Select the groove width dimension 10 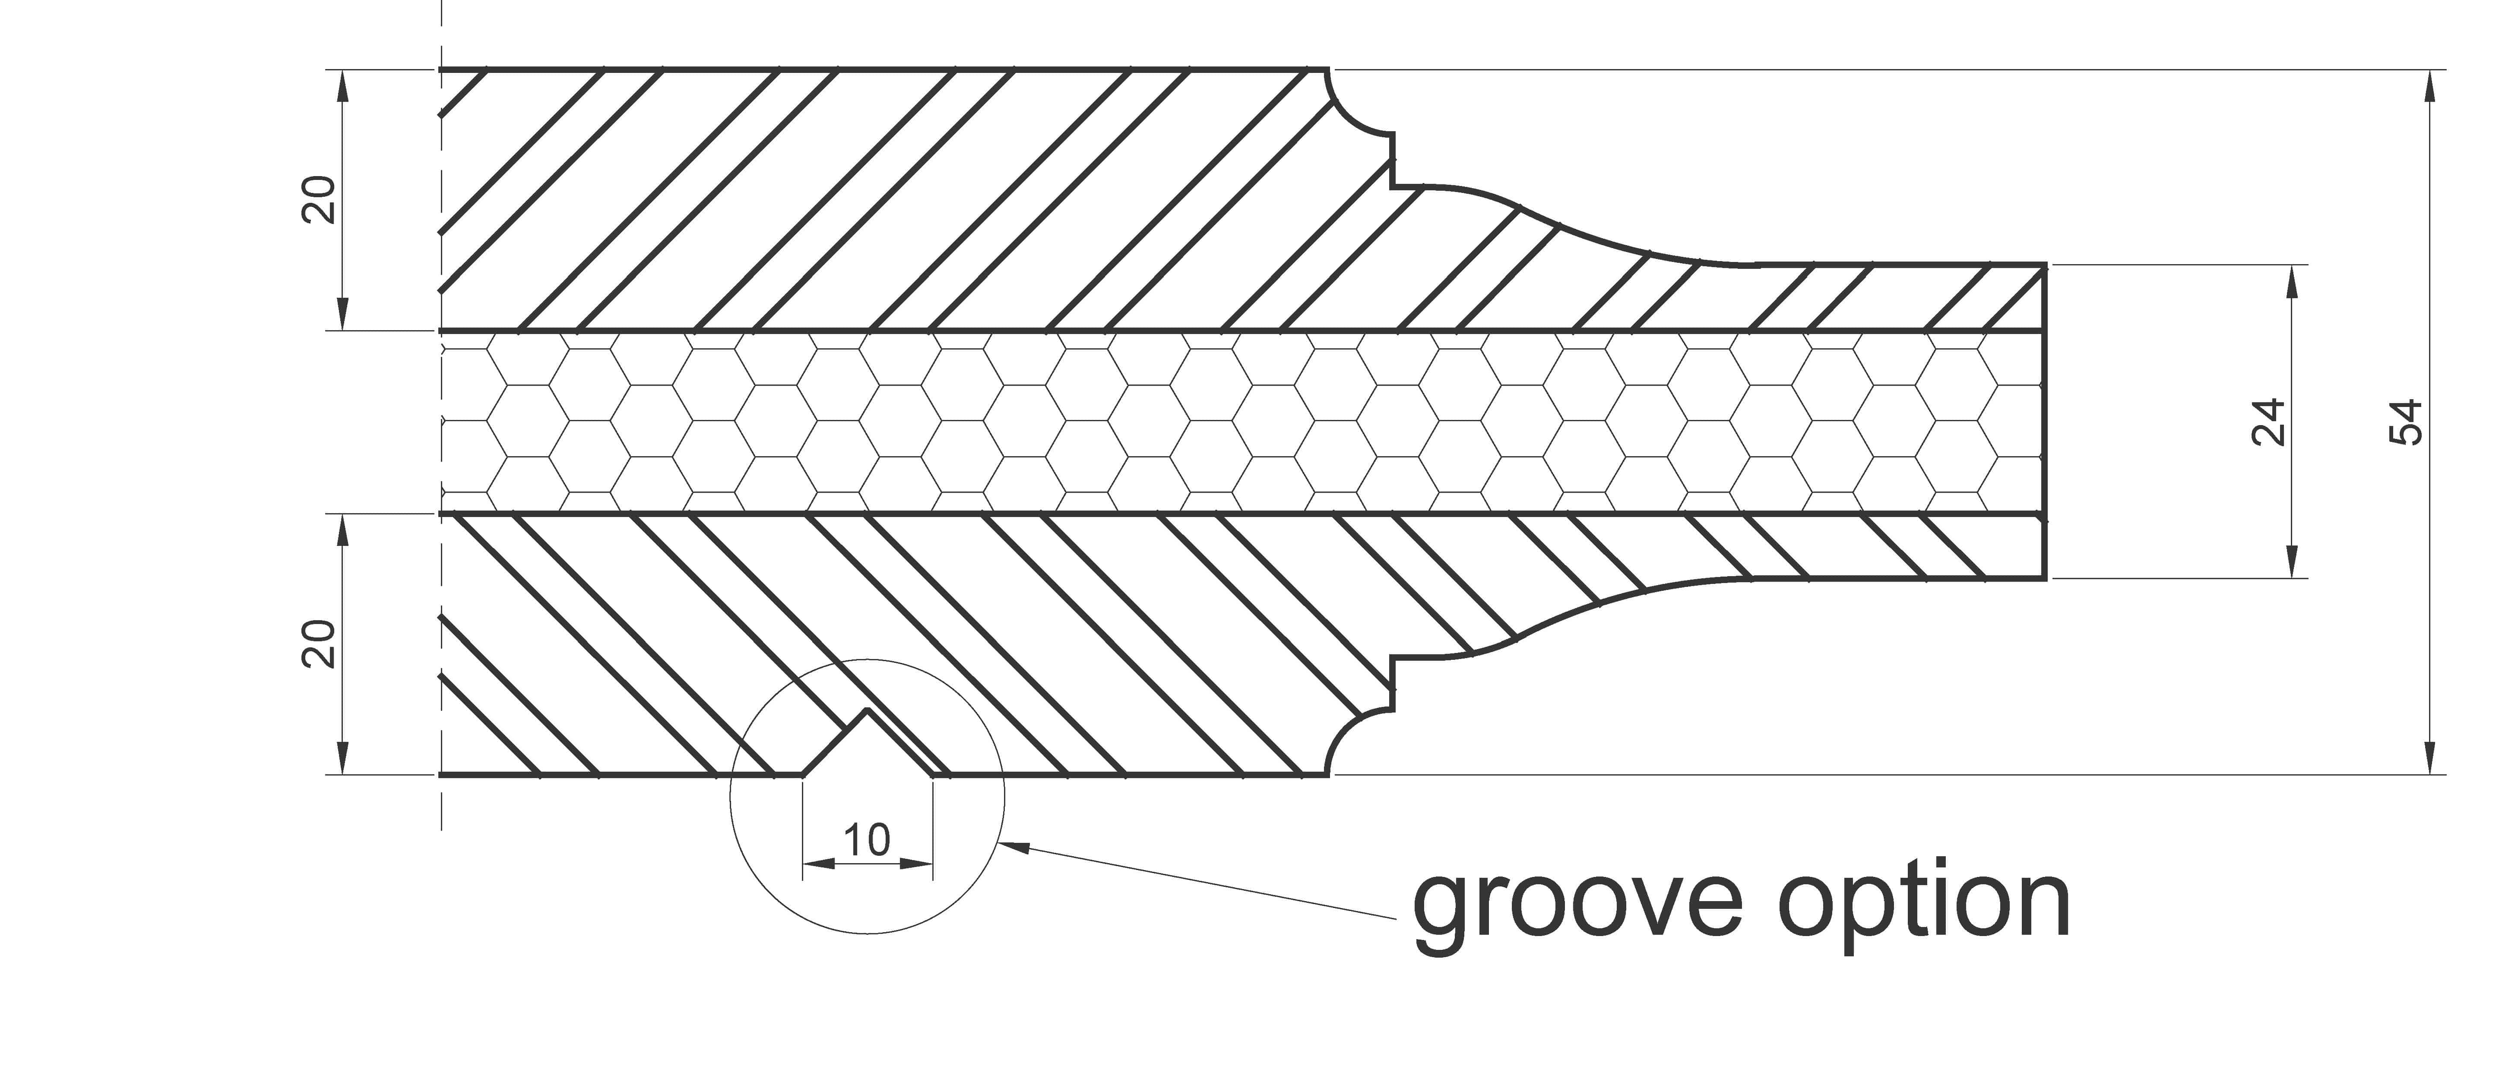866,840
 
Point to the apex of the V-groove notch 868,712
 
